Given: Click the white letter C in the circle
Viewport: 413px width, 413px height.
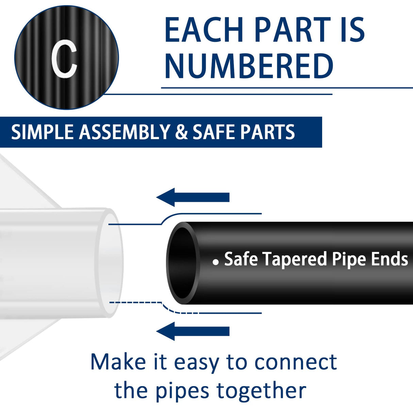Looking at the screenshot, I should [x=65, y=59].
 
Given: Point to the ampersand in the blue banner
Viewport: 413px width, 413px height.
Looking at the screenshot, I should [x=181, y=132].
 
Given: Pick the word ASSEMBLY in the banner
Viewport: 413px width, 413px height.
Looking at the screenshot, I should [x=125, y=132].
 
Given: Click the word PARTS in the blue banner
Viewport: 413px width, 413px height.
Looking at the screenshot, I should [x=268, y=132].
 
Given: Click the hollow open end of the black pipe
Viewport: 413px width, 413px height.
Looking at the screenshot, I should [x=183, y=263].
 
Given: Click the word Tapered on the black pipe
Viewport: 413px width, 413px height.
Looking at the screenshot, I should [x=296, y=259].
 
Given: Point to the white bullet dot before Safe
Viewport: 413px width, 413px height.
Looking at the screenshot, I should [x=215, y=262].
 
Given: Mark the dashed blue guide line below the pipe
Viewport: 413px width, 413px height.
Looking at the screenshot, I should [x=136, y=302].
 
